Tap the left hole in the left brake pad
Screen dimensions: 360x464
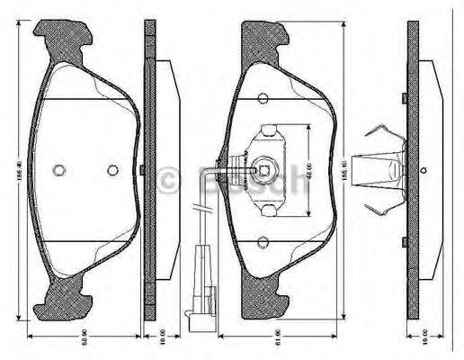[59, 169]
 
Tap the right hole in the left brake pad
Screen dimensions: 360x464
[112, 169]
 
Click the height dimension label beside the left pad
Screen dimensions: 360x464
[19, 166]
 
